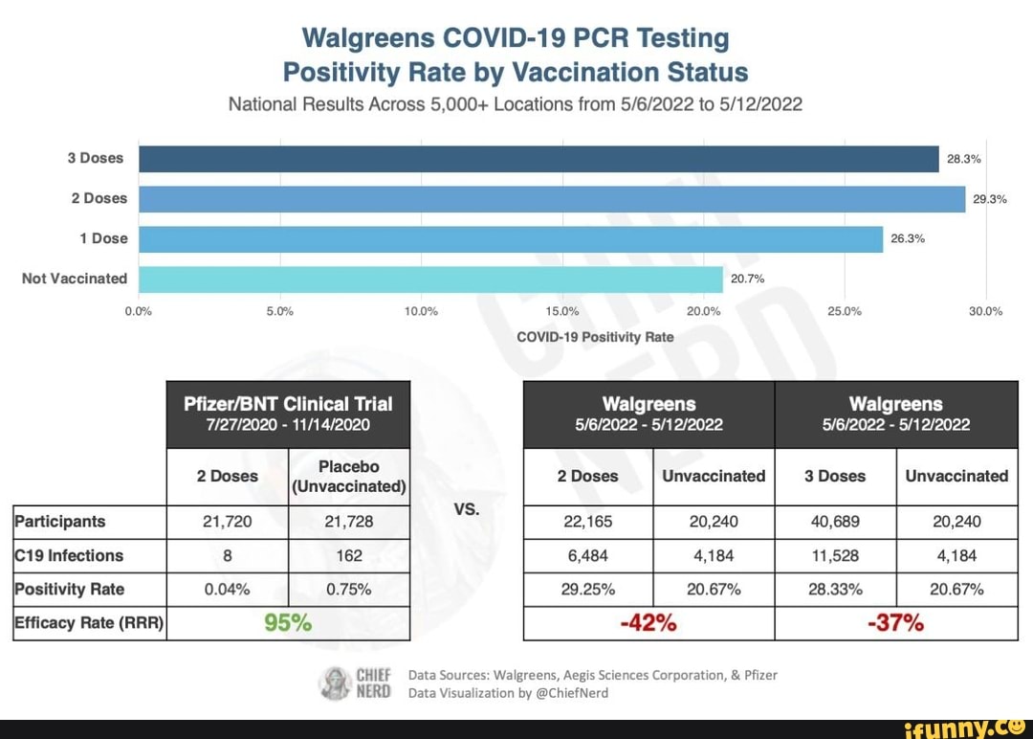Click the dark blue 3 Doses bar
(x=538, y=159)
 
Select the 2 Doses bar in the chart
(x=552, y=199)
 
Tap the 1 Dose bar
(x=511, y=239)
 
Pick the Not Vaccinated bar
(x=430, y=280)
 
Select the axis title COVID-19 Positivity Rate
(x=594, y=337)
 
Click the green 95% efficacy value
(x=288, y=623)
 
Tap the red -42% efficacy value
(x=649, y=623)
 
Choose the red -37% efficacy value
(x=896, y=623)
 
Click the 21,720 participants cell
(x=228, y=522)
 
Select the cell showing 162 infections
(x=349, y=555)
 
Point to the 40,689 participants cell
(x=834, y=522)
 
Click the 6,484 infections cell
(x=588, y=555)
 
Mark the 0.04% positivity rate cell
(x=228, y=589)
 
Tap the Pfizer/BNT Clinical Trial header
(x=288, y=414)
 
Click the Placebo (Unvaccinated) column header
(x=349, y=476)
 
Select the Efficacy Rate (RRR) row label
(x=89, y=623)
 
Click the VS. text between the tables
(x=467, y=509)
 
